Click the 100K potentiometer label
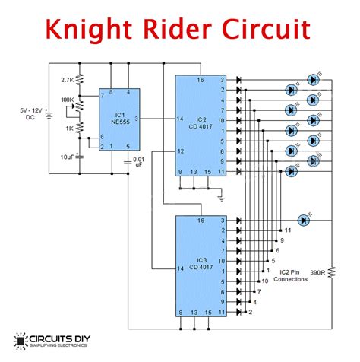click(x=68, y=100)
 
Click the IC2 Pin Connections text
click(x=292, y=275)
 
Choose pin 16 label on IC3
click(x=201, y=220)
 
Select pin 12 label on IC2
click(x=181, y=151)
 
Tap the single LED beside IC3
click(x=305, y=220)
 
